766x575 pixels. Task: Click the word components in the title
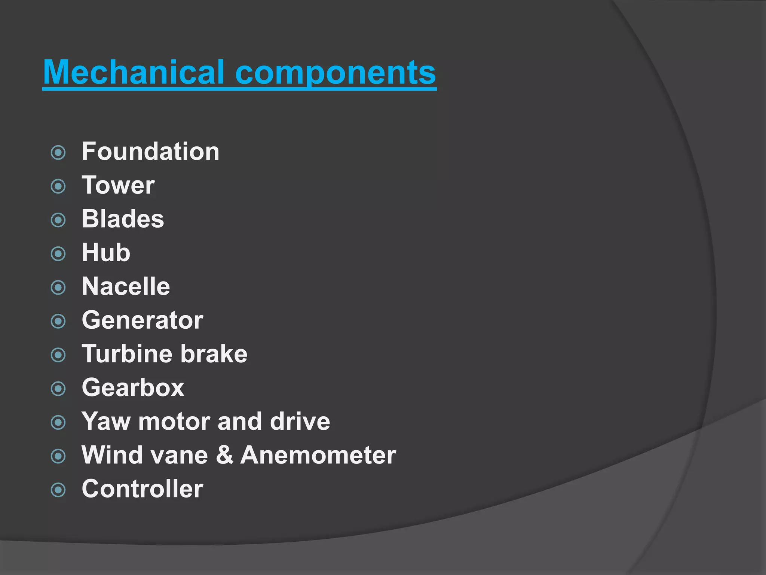pos(335,73)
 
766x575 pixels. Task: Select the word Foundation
pos(150,152)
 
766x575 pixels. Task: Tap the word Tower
pos(118,185)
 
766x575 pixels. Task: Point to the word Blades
pos(123,219)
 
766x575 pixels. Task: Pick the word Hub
pos(106,253)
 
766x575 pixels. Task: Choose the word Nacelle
pos(126,286)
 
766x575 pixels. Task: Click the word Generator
pos(142,320)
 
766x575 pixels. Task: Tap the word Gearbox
pos(133,388)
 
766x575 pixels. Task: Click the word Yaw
pos(105,422)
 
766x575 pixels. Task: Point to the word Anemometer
pos(318,455)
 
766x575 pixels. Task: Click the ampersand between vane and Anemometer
pos(224,455)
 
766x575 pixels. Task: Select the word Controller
pos(142,489)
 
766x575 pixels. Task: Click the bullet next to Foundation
pos(58,153)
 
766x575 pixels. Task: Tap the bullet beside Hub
pos(58,254)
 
